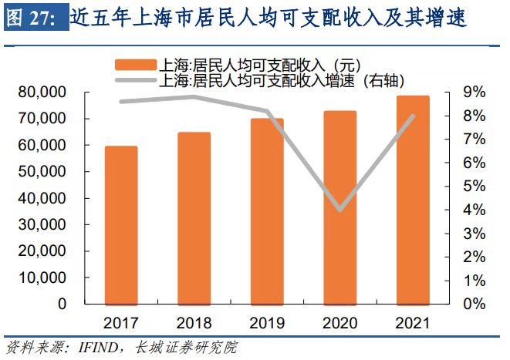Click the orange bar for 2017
[x=121, y=225]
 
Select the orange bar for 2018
[x=194, y=218]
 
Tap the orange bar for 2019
[x=267, y=211]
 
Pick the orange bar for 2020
[x=340, y=207]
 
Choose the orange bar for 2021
[x=413, y=200]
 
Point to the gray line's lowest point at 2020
[x=340, y=209]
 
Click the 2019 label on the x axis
[x=267, y=321]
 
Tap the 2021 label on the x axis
[x=413, y=321]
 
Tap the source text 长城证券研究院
[x=185, y=348]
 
